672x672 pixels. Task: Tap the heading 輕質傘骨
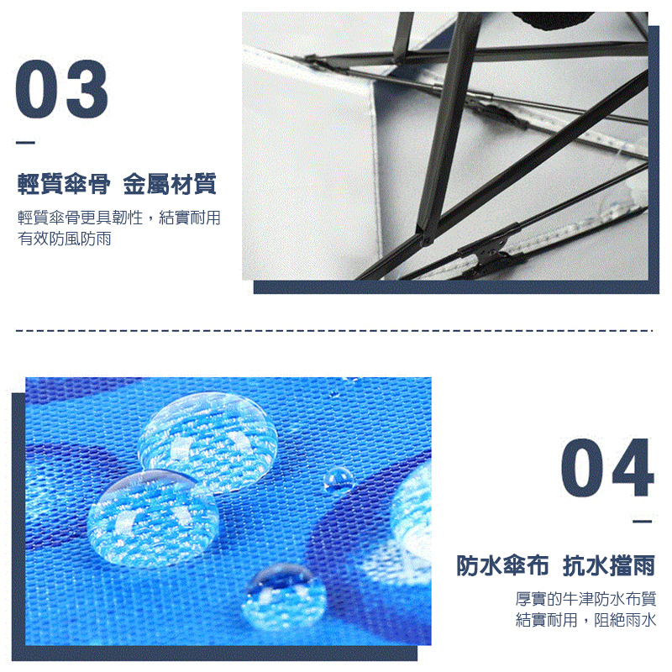click(x=65, y=182)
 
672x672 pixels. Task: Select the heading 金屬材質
click(x=169, y=182)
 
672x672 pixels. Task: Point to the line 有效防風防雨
click(x=65, y=239)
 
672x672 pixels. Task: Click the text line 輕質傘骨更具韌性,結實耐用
click(x=118, y=218)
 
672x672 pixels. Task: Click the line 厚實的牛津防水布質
click(x=585, y=599)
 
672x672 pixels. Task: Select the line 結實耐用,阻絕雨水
click(x=585, y=621)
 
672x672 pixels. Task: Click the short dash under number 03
click(x=26, y=143)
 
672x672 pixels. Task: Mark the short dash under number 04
click(x=643, y=522)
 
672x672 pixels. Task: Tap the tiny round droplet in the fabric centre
click(x=338, y=479)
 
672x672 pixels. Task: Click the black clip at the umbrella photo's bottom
click(x=486, y=249)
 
